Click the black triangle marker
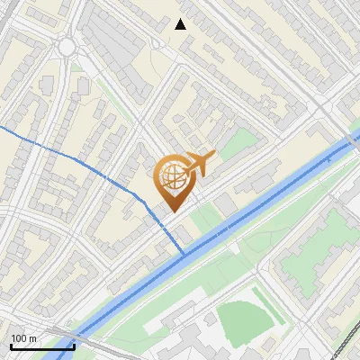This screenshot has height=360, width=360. [x=181, y=24]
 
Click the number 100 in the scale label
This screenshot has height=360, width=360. [x=20, y=338]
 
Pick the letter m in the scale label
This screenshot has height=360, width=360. [x=34, y=338]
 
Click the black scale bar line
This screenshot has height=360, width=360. [x=42, y=346]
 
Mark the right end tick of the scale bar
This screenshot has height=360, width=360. [x=74, y=345]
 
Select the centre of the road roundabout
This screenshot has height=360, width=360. [x=67, y=47]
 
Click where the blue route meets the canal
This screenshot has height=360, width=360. [x=184, y=255]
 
